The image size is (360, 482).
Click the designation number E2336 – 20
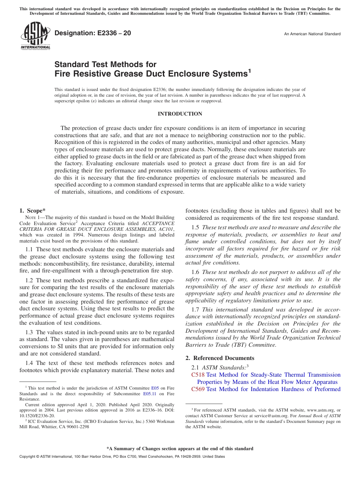pos(93,33)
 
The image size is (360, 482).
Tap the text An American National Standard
pos(312,34)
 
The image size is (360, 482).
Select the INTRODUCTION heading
pos(180,114)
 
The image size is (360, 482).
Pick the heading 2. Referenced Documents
pos(220,358)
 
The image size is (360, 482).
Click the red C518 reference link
pos(198,375)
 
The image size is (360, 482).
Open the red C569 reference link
pos(198,389)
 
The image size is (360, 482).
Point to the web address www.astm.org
pos(321,410)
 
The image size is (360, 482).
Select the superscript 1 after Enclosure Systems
pos(249,70)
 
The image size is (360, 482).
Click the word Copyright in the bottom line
pos(28,457)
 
